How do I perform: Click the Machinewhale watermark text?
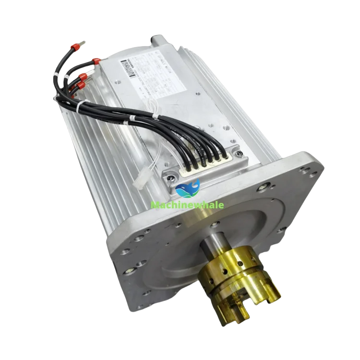pyautogui.click(x=187, y=205)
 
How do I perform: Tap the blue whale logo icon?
pyautogui.click(x=188, y=188)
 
